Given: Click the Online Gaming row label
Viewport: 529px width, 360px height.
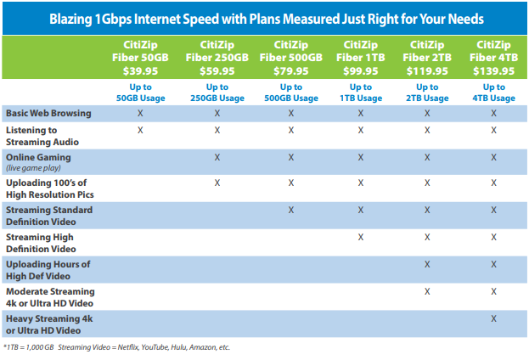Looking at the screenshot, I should [38, 157].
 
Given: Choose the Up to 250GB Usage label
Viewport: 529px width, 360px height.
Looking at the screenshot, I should [217, 93].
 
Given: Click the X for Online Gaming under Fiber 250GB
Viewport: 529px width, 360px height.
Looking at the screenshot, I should [217, 157].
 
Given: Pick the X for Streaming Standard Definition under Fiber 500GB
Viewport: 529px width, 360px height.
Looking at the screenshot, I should [291, 210].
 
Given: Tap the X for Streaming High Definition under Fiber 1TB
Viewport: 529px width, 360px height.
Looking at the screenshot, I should [361, 237].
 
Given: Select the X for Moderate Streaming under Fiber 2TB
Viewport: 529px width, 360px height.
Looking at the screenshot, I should [426, 291].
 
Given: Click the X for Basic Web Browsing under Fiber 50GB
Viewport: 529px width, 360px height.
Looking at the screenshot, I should [140, 112].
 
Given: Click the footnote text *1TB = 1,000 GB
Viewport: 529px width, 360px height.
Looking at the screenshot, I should [28, 347].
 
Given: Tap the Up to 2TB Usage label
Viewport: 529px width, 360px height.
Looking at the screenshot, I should [426, 93].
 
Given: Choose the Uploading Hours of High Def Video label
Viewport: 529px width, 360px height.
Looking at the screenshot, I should [48, 270].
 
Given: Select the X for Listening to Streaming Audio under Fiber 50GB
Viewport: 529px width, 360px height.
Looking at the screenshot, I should [140, 130].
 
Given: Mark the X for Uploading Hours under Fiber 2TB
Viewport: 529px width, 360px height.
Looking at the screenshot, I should [426, 264].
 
